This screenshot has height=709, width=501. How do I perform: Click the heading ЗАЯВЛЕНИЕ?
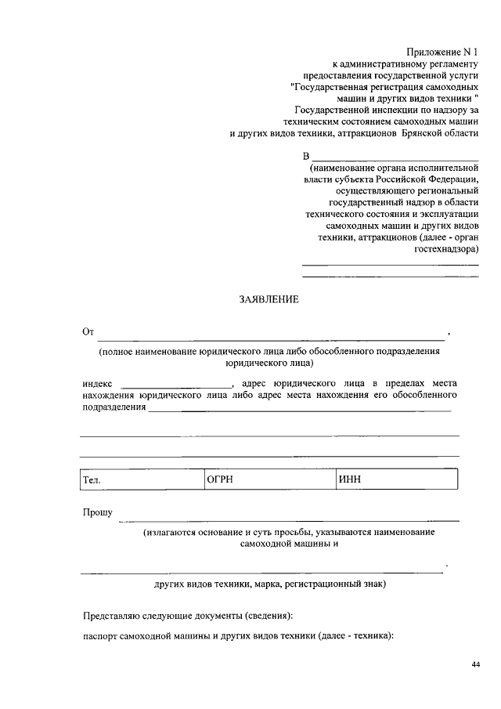tap(269, 299)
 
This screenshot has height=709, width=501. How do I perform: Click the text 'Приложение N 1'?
tap(442, 51)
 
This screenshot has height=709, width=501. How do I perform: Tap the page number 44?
tap(476, 664)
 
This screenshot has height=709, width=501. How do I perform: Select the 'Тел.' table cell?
tap(141, 479)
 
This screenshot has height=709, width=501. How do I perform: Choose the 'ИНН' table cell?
tap(396, 479)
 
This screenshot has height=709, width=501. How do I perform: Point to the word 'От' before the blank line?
tap(88, 332)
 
